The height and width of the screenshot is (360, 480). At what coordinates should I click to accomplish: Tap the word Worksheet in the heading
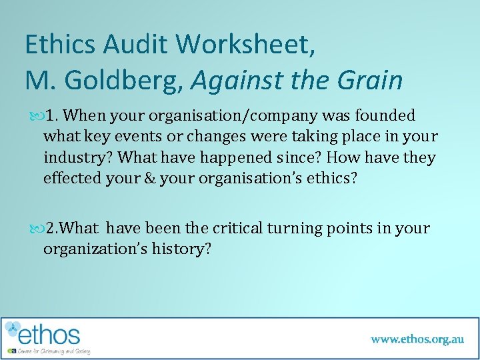click(x=243, y=45)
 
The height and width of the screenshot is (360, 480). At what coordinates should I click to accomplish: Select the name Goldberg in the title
click(x=125, y=81)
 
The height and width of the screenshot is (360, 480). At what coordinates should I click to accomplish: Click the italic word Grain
click(x=370, y=81)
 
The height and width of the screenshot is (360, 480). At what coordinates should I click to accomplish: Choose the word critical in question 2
click(x=238, y=229)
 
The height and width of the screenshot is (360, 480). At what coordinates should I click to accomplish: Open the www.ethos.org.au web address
click(x=417, y=339)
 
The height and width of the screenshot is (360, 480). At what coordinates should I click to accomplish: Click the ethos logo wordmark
click(x=50, y=334)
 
